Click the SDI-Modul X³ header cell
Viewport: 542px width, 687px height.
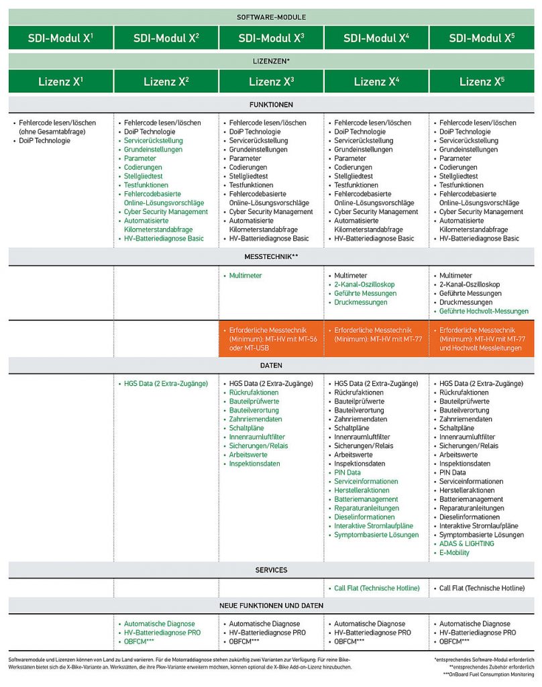click(x=271, y=38)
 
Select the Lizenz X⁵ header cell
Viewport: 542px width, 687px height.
click(x=482, y=82)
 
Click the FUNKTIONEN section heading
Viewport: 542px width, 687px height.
click(x=271, y=105)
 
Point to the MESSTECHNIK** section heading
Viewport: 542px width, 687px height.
click(x=271, y=257)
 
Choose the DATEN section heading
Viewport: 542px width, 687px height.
click(x=271, y=366)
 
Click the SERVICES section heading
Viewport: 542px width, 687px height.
click(x=271, y=570)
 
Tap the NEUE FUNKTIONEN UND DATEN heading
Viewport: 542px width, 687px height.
click(x=271, y=606)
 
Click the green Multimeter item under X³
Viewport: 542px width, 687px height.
click(x=246, y=276)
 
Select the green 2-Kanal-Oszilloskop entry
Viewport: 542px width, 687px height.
click(x=365, y=284)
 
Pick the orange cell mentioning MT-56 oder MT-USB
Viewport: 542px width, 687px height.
click(x=271, y=338)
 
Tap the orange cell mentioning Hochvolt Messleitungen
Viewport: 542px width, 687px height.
click(x=482, y=338)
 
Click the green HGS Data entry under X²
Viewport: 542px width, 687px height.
click(x=166, y=384)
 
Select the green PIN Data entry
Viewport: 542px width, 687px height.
click(x=347, y=472)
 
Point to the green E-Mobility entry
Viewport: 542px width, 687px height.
click(x=454, y=553)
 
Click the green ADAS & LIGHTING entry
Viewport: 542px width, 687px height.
click(x=466, y=544)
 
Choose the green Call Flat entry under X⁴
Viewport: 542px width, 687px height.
click(x=376, y=588)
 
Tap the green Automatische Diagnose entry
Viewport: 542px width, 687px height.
click(x=160, y=624)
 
